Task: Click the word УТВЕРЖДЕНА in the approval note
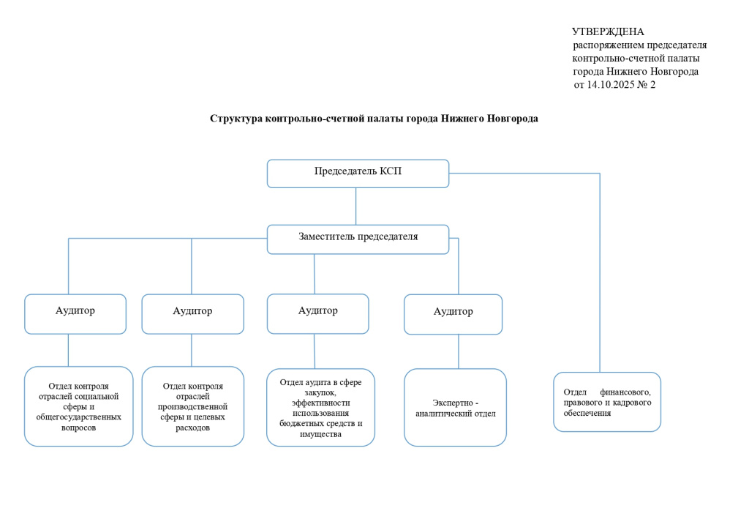point(608,31)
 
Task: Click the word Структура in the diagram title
point(236,119)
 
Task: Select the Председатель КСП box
point(358,173)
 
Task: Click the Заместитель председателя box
point(358,238)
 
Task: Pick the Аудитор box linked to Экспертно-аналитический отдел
point(453,313)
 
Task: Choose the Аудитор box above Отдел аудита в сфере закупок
point(317,313)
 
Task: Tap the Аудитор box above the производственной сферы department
point(192,313)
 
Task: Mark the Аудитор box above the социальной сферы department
point(75,313)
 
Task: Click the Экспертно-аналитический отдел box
point(455,408)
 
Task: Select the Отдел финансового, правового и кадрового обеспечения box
point(606,402)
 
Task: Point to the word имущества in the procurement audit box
point(320,434)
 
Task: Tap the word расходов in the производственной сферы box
point(192,428)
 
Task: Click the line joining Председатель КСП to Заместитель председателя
point(356,206)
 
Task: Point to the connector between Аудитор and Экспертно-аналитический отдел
point(459,351)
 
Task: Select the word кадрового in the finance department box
point(624,403)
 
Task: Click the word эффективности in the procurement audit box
point(320,403)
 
